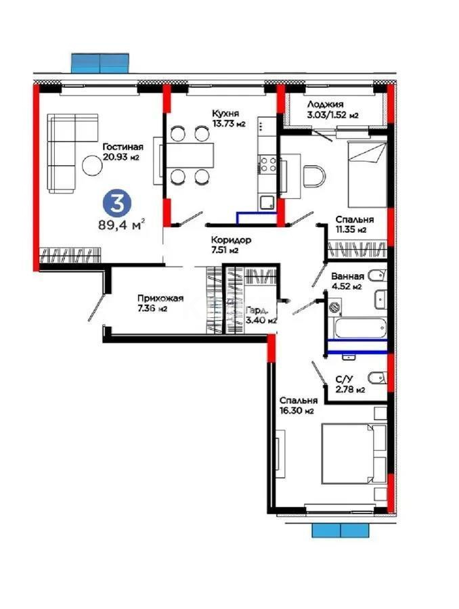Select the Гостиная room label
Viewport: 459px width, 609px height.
[122, 152]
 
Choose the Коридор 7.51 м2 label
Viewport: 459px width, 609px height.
[231, 244]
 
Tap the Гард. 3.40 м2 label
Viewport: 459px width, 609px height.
[261, 315]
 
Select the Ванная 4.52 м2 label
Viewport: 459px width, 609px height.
[348, 281]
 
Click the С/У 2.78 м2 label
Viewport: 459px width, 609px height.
[350, 384]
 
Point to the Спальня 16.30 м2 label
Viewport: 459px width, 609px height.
[298, 405]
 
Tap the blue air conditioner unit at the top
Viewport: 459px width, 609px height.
[100, 62]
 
